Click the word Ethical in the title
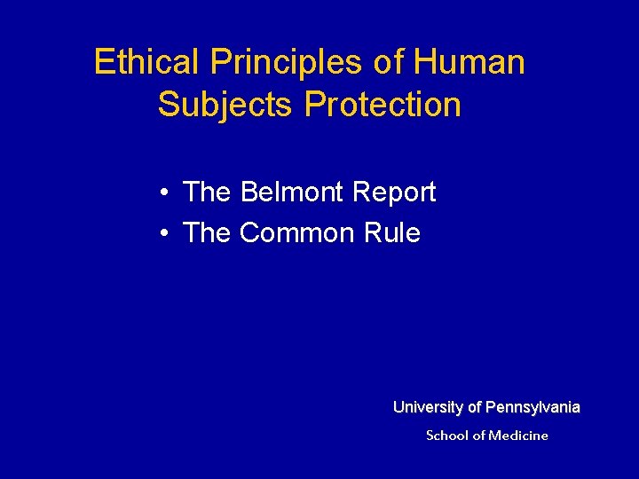[x=147, y=62]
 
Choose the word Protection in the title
[x=383, y=105]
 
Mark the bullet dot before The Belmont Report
[x=166, y=192]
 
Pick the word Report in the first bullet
[x=394, y=192]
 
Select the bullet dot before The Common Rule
[x=166, y=234]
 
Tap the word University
[x=429, y=408]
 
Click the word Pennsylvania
[x=532, y=408]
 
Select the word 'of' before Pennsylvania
[x=475, y=408]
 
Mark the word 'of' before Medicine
[x=479, y=436]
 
